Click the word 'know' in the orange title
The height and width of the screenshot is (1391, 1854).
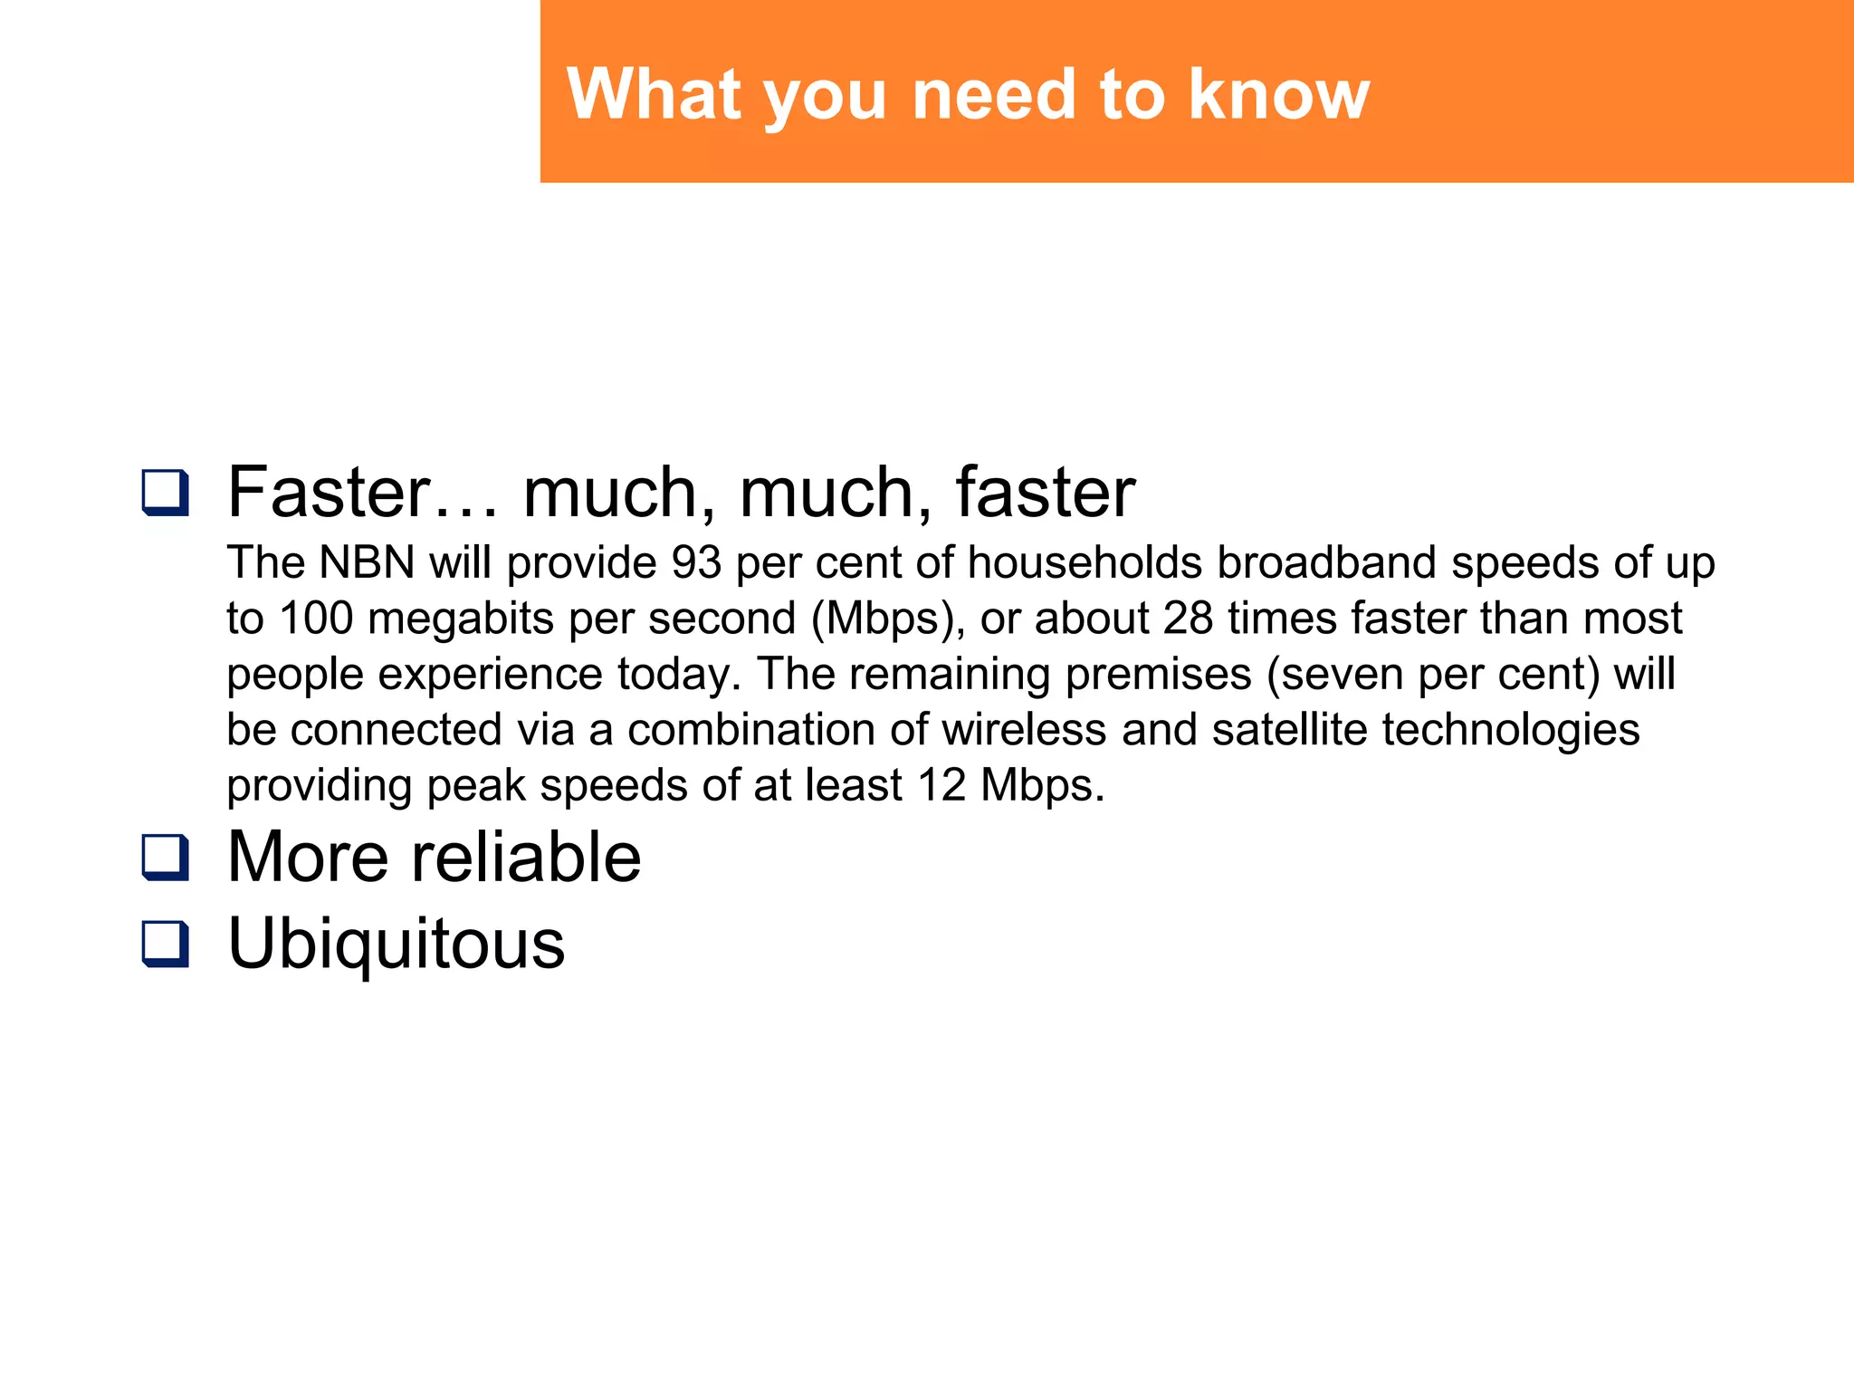click(1279, 94)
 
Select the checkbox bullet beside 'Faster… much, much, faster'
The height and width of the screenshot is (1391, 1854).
click(166, 493)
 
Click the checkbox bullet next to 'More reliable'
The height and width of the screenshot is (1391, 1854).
click(166, 857)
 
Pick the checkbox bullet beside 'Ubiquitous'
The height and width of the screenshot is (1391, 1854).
click(166, 944)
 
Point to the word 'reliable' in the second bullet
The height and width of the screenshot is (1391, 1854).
click(526, 857)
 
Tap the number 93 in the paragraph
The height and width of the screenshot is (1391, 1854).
click(696, 562)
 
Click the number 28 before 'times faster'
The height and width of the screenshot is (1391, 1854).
click(1188, 619)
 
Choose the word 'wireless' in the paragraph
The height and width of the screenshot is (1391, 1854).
click(1024, 730)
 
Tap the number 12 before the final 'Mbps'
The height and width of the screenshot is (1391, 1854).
click(941, 785)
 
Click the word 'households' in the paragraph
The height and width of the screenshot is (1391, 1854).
click(1085, 562)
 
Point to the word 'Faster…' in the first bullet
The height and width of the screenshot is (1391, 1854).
click(362, 493)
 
